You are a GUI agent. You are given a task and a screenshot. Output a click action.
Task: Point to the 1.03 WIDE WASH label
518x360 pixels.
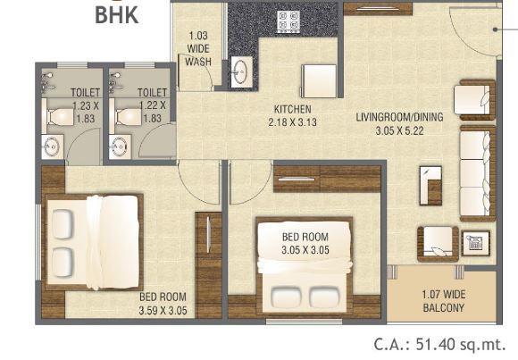[199, 49]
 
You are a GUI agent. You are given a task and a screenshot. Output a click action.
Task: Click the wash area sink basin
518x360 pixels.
[241, 71]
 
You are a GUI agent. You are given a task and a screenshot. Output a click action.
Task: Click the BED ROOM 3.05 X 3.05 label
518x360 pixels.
[306, 243]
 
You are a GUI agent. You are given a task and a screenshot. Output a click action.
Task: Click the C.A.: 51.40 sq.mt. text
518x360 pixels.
[439, 345]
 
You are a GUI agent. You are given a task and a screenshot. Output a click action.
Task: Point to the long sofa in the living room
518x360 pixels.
[475, 173]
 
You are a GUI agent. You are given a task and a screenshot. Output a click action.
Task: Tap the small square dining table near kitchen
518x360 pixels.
[317, 81]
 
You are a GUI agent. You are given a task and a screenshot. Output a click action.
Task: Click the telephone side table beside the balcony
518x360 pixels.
[473, 241]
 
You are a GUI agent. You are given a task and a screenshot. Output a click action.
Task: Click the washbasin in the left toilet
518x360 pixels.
[52, 146]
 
